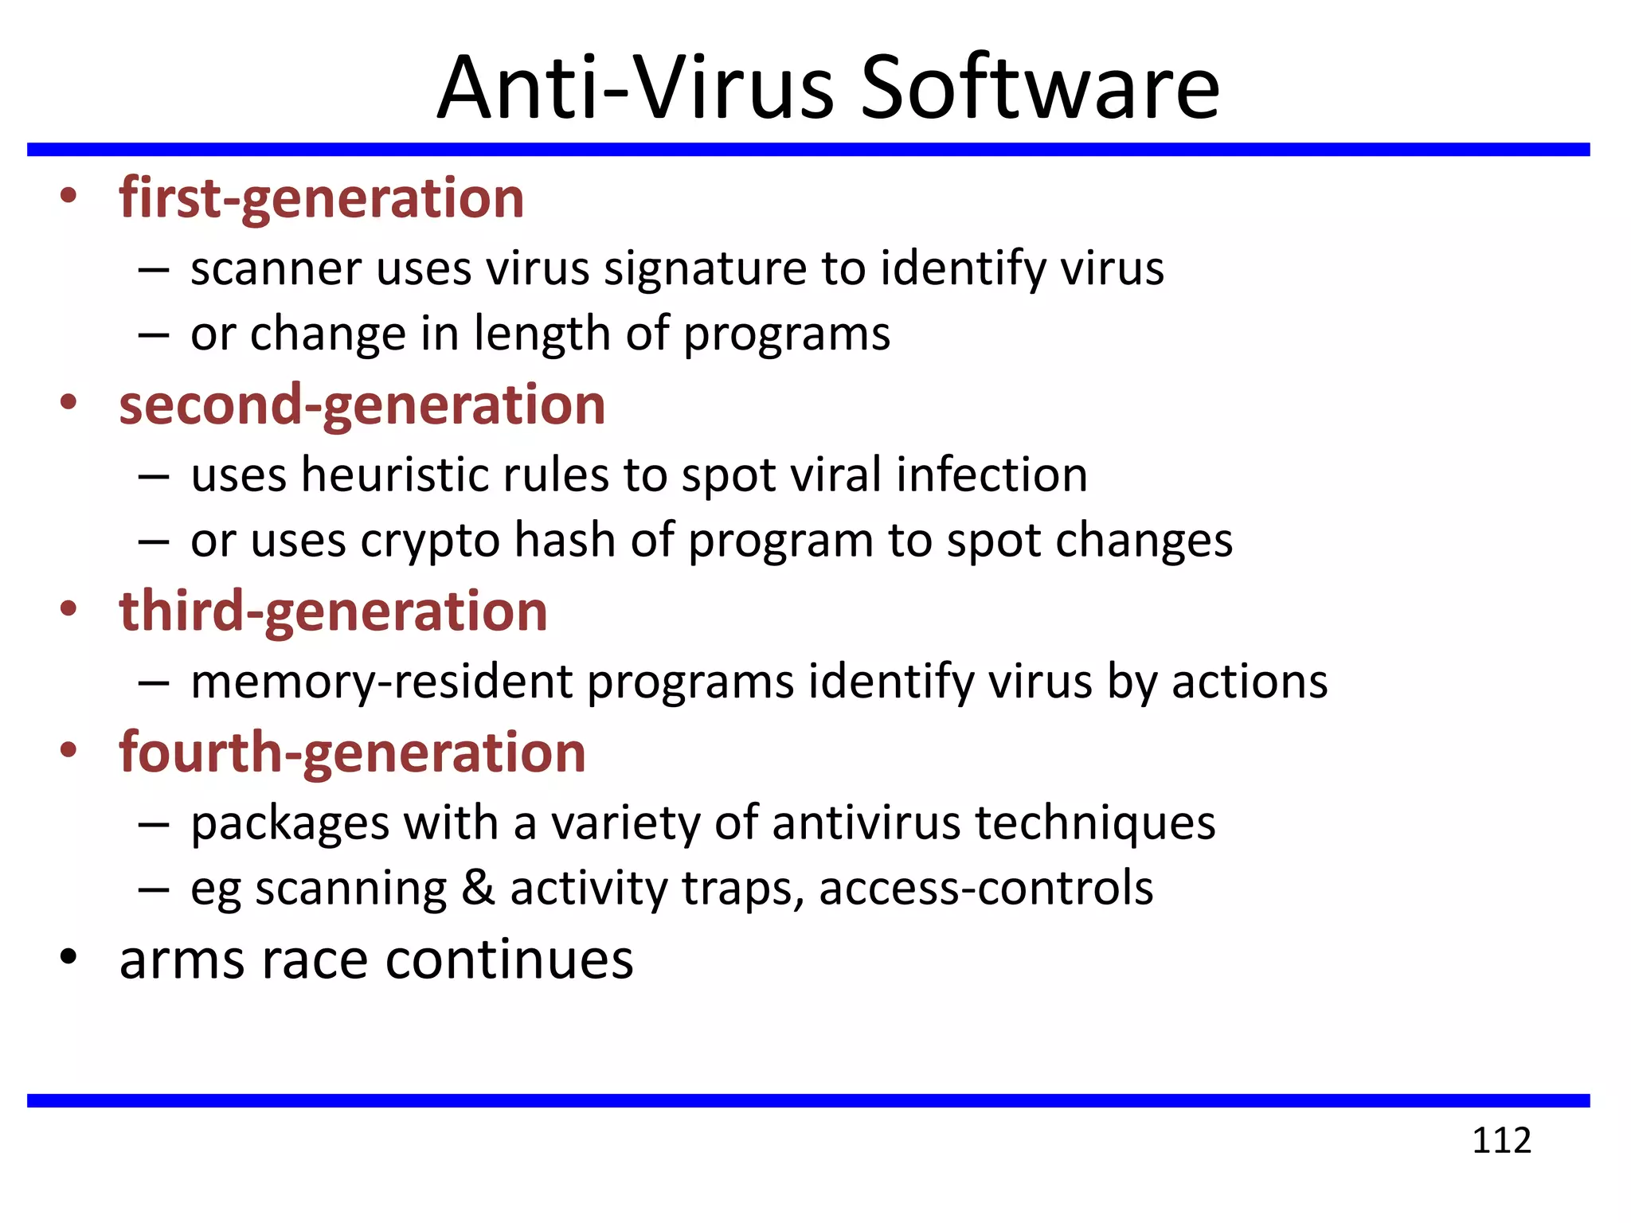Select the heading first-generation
point(322,198)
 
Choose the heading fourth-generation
point(352,752)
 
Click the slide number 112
point(1500,1140)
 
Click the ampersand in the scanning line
point(478,888)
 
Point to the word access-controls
point(986,888)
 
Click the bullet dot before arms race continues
point(68,958)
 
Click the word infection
point(992,475)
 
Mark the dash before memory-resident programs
point(153,683)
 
